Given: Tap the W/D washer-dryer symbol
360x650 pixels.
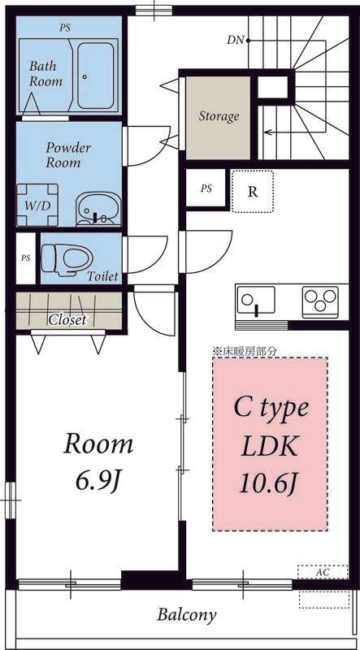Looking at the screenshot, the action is [x=37, y=206].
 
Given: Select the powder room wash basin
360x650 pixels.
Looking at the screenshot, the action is [x=98, y=209].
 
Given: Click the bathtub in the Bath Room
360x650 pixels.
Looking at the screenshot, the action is [x=96, y=76].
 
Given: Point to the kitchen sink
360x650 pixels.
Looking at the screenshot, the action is [x=255, y=301].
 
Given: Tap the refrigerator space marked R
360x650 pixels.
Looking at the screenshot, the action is [x=252, y=192].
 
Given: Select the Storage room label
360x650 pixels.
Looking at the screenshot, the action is [x=219, y=116].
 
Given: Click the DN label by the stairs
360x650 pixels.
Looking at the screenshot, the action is [x=235, y=41].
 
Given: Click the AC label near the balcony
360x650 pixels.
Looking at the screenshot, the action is [x=323, y=573].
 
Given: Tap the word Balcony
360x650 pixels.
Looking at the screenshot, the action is [x=187, y=615].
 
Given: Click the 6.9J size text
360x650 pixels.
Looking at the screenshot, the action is [x=98, y=480].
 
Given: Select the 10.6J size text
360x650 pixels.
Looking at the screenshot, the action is [x=270, y=483].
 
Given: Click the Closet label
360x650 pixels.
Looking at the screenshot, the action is [x=68, y=319].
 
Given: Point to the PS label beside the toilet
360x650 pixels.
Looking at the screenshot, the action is [x=26, y=258].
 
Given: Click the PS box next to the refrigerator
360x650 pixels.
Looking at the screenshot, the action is [x=206, y=188].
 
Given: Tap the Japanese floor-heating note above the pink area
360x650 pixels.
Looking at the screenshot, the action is [x=245, y=351].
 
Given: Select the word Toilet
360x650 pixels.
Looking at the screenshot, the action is [x=102, y=276].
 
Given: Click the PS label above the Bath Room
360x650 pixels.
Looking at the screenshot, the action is [x=64, y=28].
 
